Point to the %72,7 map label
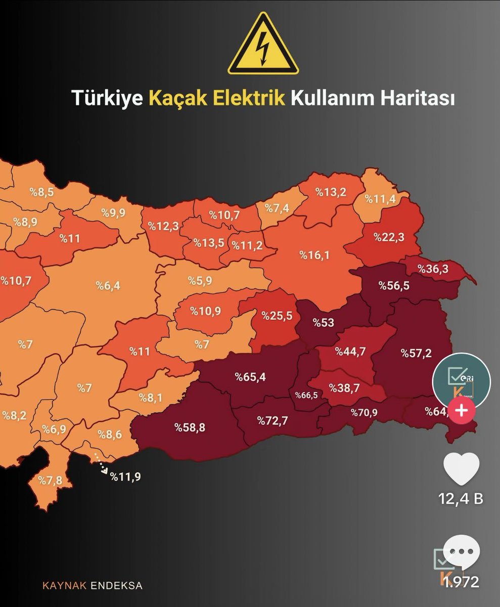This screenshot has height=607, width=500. [273, 420]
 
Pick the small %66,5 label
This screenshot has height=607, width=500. [306, 395]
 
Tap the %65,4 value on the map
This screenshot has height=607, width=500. [250, 376]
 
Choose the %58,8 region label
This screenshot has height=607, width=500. [190, 427]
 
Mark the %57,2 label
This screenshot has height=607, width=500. [417, 353]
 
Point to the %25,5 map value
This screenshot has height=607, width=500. [277, 316]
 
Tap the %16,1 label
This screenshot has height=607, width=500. [314, 255]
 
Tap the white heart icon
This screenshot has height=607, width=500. [461, 469]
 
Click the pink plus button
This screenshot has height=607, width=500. [461, 410]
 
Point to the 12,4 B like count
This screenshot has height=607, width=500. [461, 499]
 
